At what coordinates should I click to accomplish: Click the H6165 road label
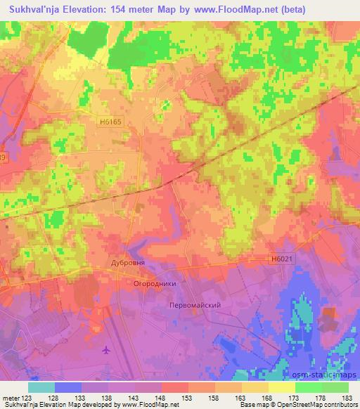[110, 122]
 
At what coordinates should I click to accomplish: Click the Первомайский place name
[196, 305]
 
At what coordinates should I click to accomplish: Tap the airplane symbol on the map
[106, 349]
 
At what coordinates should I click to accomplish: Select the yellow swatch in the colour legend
[282, 387]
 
